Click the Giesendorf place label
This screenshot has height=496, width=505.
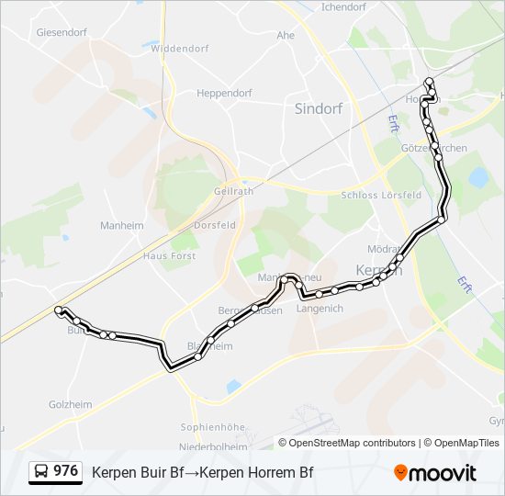[61, 30]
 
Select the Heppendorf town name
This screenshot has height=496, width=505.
[224, 93]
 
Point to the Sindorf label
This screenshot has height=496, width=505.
[318, 107]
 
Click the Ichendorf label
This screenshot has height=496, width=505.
[344, 6]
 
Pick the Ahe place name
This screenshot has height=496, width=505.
[286, 35]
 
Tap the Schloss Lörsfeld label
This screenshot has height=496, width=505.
[381, 195]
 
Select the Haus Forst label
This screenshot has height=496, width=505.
[169, 256]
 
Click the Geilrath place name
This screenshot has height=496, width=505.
[233, 190]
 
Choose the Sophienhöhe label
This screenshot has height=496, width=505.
[212, 427]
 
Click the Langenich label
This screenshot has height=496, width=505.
[320, 309]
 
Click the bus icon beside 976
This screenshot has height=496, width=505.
[41, 471]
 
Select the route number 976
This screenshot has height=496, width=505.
[65, 471]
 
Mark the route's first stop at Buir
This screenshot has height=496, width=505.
[58, 310]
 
